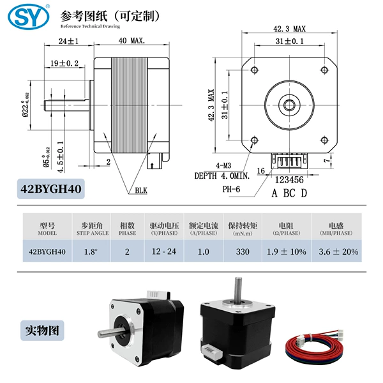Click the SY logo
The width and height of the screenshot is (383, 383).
29,17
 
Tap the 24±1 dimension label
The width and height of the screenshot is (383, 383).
69,41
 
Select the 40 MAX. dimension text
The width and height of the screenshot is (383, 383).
131,41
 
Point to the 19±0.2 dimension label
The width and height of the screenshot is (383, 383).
64,63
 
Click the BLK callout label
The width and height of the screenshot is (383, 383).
141,190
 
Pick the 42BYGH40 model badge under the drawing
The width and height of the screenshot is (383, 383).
51,189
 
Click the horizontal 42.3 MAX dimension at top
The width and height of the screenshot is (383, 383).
289,29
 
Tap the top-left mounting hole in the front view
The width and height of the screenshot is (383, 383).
254,70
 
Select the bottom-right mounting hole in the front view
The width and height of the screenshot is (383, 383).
324,140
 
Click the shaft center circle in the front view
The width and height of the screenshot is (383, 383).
289,105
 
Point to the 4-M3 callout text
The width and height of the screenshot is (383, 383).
223,165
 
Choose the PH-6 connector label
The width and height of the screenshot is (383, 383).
231,189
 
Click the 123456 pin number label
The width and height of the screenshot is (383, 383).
289,180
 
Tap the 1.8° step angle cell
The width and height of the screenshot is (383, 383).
91,252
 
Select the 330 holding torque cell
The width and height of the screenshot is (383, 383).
243,252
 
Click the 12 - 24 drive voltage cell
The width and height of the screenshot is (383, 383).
164,252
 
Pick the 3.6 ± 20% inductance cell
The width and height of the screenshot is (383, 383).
338,252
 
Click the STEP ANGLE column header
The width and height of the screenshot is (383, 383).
93,233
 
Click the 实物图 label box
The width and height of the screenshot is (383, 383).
42,331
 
